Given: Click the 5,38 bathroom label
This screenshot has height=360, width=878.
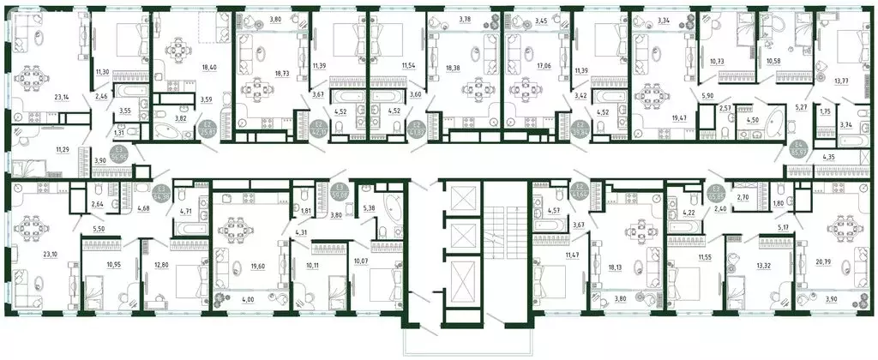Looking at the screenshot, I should tap(370, 207).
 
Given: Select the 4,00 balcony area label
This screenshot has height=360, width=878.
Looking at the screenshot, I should tap(224, 299).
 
